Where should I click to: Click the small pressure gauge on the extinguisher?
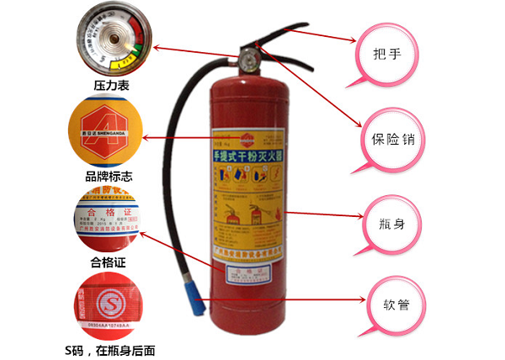coord(249,60)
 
